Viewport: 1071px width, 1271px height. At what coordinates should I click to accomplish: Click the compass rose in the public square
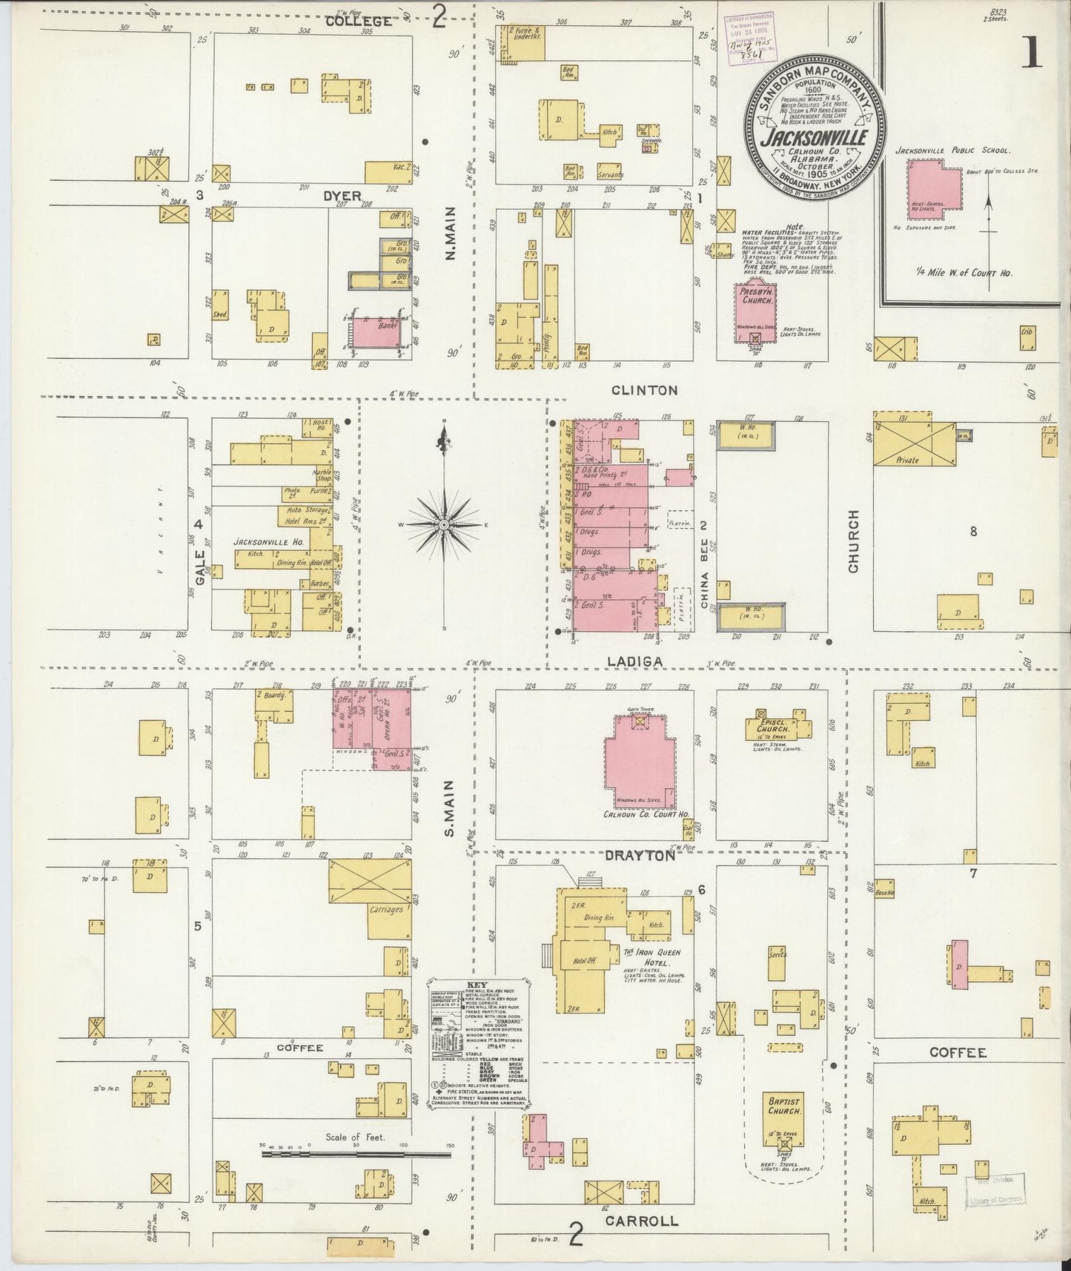point(444,524)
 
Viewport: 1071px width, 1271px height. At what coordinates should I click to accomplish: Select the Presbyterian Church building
point(755,312)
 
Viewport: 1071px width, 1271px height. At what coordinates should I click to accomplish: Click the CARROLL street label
point(642,1221)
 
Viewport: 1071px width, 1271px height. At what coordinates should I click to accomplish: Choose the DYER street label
point(342,197)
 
